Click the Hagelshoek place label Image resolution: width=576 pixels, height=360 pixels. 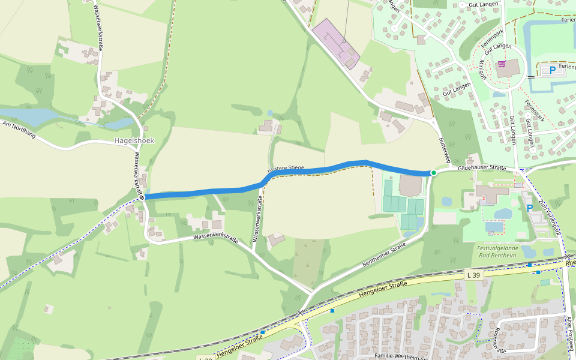(x=134, y=140)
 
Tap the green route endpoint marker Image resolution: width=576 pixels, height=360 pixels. (x=433, y=173)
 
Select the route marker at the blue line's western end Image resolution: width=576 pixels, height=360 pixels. (x=142, y=197)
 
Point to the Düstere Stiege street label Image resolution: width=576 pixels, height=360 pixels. (x=286, y=169)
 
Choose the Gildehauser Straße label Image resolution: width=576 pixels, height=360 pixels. (x=482, y=169)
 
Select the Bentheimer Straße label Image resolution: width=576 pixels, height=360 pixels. (x=385, y=256)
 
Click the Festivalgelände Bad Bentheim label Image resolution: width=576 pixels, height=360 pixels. (x=496, y=251)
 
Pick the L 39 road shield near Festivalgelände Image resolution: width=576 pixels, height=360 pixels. (x=473, y=275)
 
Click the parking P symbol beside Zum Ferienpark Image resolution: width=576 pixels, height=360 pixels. (x=529, y=208)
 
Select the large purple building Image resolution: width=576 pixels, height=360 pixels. (x=335, y=43)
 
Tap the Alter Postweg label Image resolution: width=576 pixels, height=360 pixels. (x=570, y=333)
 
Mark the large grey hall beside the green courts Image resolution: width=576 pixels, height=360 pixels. (x=410, y=185)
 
